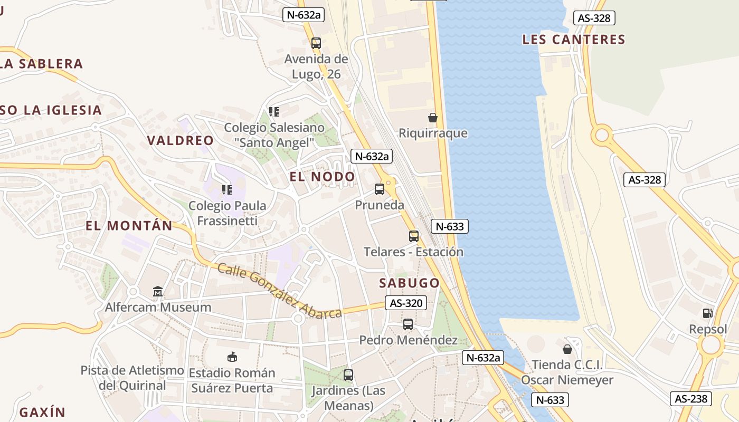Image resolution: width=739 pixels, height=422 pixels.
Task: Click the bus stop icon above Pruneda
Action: [379, 189]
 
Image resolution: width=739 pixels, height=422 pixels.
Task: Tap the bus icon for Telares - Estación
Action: [413, 236]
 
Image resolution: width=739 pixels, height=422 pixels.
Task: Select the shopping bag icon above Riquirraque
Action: [432, 117]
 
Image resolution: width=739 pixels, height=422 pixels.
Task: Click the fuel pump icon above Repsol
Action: [707, 313]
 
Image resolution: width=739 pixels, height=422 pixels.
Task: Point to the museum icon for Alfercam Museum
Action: [158, 291]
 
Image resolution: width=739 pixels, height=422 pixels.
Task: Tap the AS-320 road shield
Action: [406, 303]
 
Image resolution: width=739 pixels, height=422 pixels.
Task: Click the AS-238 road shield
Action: [691, 398]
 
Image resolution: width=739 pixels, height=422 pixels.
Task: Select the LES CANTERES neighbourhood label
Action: [574, 40]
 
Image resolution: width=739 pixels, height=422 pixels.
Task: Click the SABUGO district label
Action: [410, 283]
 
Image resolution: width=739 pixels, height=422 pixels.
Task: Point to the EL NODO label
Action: [323, 177]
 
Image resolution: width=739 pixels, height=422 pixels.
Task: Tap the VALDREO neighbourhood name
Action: [181, 141]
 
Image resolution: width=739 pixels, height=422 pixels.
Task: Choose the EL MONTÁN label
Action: [129, 226]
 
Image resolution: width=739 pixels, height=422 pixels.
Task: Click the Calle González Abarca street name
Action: [280, 291]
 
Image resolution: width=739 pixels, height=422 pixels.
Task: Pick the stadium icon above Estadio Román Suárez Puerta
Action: [232, 357]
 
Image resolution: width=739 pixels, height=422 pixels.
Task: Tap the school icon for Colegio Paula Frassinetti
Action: [227, 190]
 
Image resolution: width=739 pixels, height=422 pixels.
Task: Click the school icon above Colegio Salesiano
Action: [273, 112]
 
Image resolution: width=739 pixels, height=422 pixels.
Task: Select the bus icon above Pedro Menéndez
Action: [408, 324]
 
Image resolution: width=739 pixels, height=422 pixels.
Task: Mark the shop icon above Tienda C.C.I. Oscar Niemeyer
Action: [567, 349]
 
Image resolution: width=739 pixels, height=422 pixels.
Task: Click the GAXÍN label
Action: [42, 413]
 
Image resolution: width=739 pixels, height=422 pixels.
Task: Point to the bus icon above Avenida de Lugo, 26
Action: [316, 43]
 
